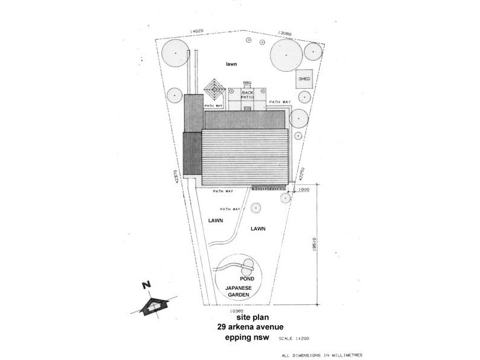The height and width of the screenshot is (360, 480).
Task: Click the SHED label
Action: [304, 79]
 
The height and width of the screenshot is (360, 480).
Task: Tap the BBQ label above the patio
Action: [246, 82]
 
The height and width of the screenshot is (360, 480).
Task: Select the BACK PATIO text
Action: [247, 95]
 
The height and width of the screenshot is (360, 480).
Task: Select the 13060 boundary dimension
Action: [285, 34]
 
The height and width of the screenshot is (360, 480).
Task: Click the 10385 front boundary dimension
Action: [236, 311]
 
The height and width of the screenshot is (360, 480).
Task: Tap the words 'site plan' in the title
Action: [242, 317]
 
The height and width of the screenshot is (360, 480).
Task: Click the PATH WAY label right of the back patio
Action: [280, 102]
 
